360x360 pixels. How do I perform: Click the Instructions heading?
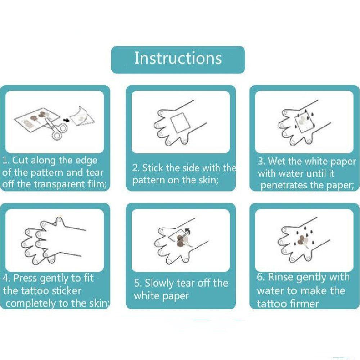point(178,58)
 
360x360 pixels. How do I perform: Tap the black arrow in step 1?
point(66,120)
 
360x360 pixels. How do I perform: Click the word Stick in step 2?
point(152,168)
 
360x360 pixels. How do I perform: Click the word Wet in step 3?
point(276,161)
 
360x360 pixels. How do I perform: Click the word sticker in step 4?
point(67,291)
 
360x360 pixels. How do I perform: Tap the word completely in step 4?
point(31,303)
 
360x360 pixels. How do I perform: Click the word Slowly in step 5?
point(159,283)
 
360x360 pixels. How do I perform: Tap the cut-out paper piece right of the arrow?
point(82,116)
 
